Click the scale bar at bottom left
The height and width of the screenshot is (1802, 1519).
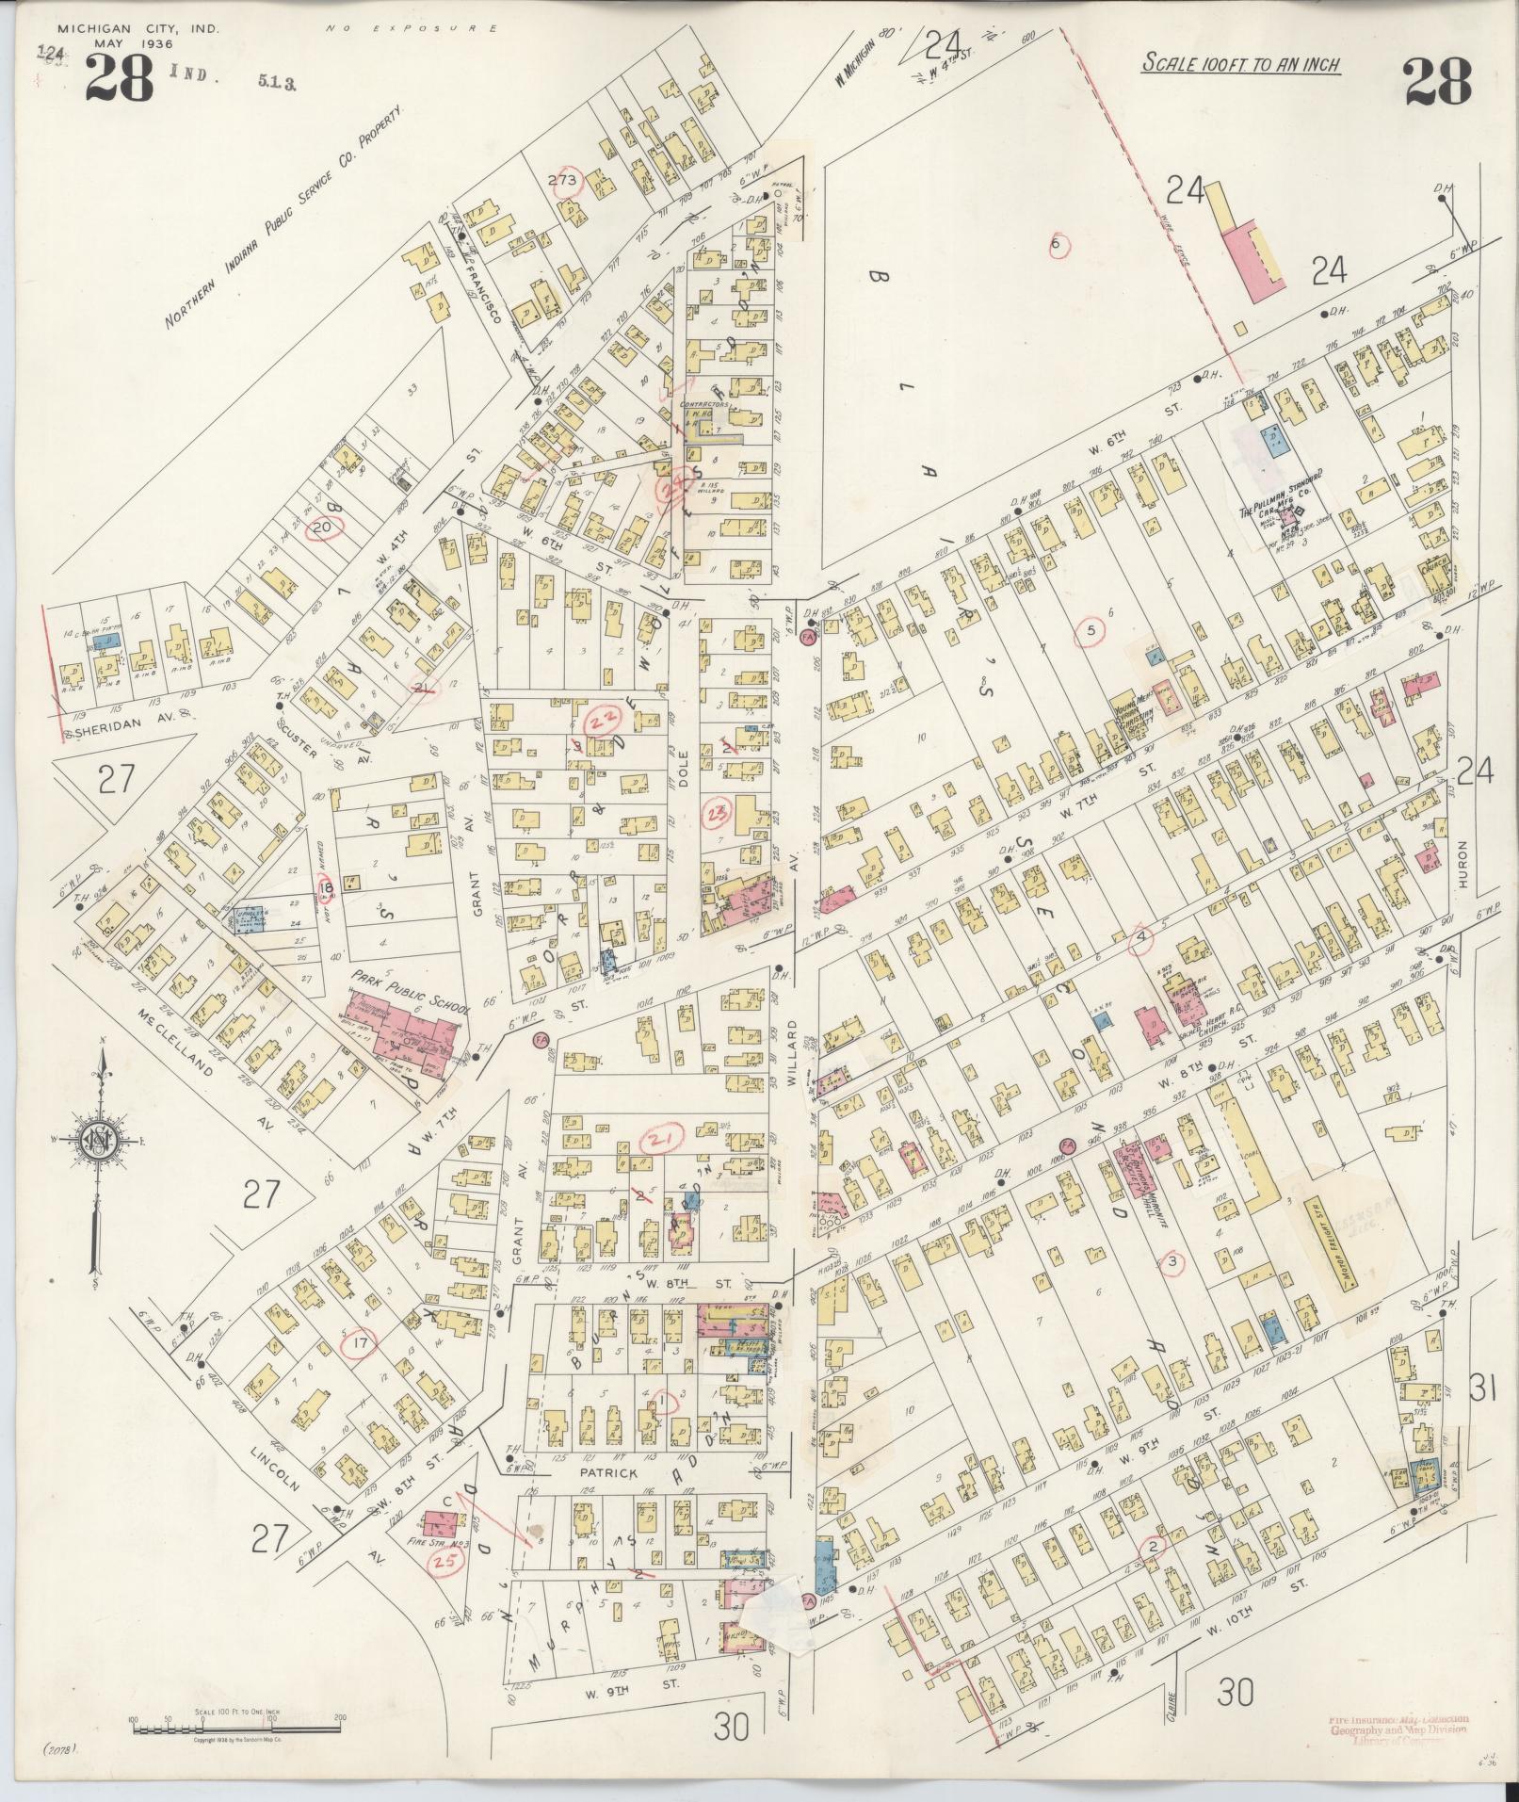[235, 1727]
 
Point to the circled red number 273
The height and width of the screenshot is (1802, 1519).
[569, 180]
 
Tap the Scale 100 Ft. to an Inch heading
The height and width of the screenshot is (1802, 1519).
[1241, 64]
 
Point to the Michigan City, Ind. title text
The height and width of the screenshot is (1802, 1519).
[137, 29]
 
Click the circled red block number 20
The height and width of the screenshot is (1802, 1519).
[321, 528]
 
